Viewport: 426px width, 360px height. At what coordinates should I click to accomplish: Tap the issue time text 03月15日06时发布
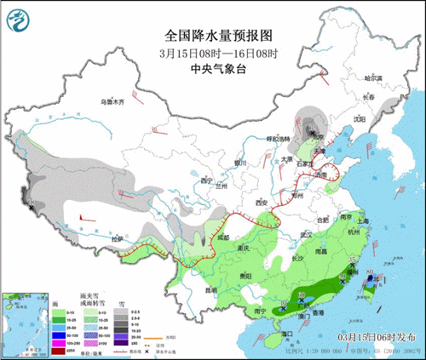point(377,339)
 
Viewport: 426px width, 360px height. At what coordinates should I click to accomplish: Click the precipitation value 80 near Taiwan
point(369,273)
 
